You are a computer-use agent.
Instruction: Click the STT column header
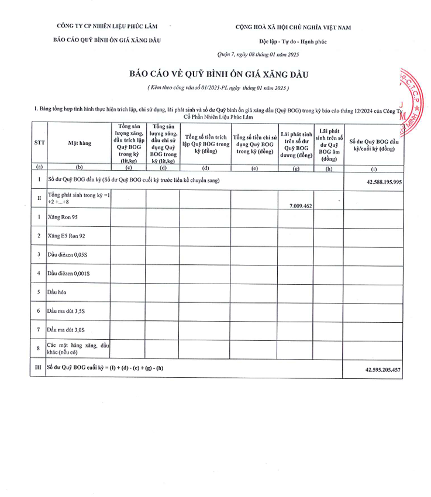(x=38, y=142)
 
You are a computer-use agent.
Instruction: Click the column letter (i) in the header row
(x=374, y=168)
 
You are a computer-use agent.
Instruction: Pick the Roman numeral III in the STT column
(x=38, y=368)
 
